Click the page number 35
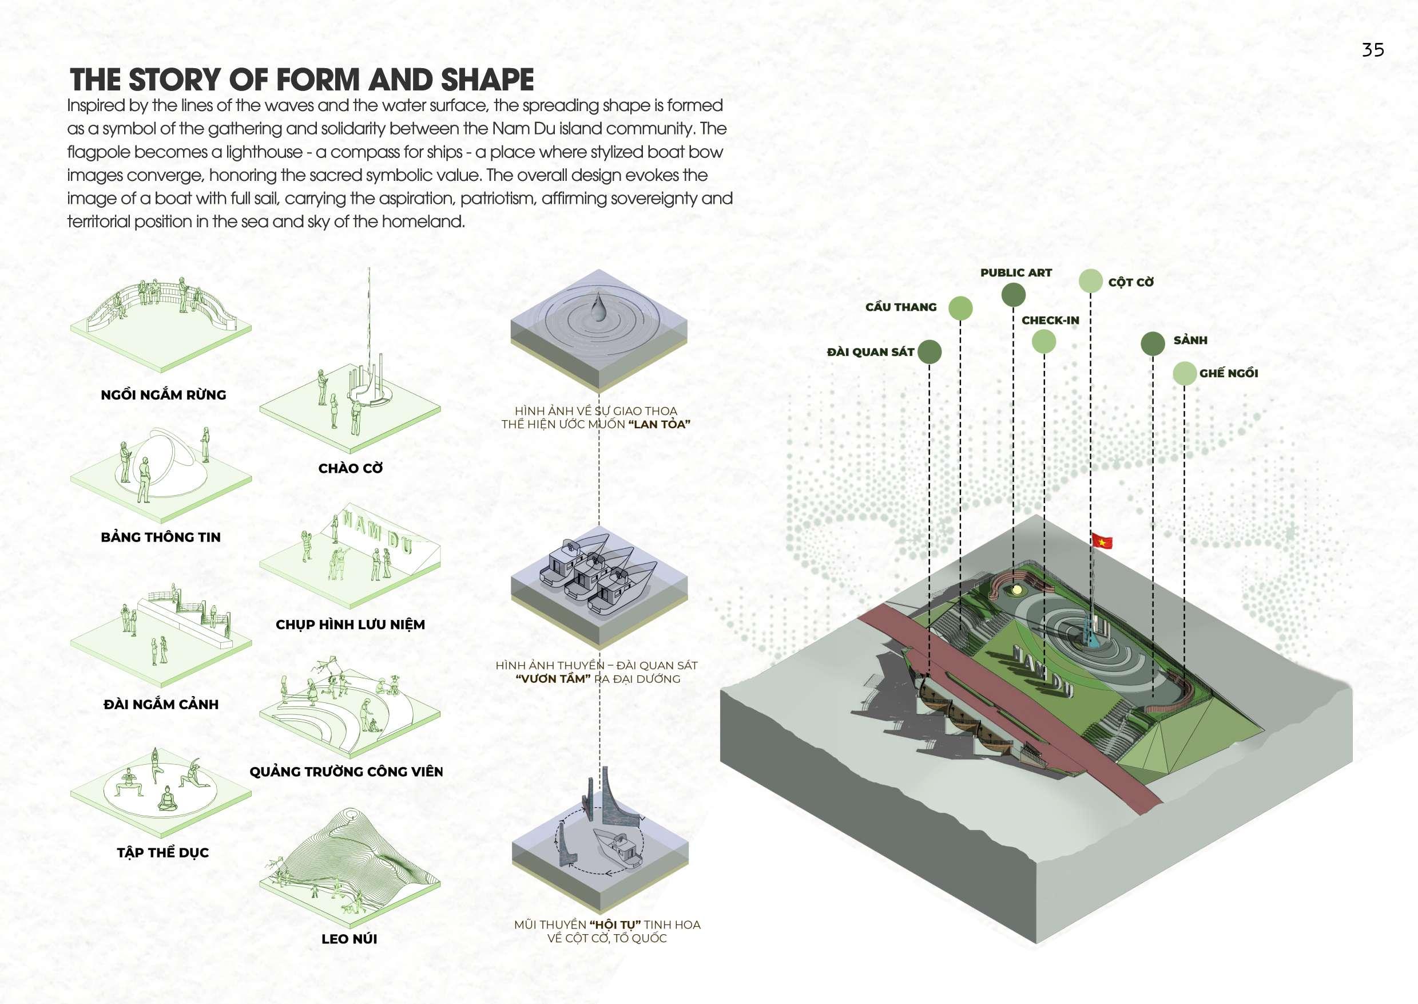point(1372,50)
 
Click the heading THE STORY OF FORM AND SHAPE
point(301,80)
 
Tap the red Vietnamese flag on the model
point(1102,541)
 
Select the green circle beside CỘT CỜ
point(1091,281)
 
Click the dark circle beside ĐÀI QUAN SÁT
point(930,352)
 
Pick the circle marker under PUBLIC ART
point(1013,295)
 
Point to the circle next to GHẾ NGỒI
point(1184,373)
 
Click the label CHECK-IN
point(1050,320)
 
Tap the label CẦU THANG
point(901,307)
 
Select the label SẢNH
point(1190,340)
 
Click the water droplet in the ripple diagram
point(598,309)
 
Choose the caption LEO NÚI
point(349,939)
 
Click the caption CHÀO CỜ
point(350,469)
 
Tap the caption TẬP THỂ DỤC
point(163,853)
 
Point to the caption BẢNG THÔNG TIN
point(161,537)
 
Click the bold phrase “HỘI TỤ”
point(615,925)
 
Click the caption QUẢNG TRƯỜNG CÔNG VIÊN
point(346,772)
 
